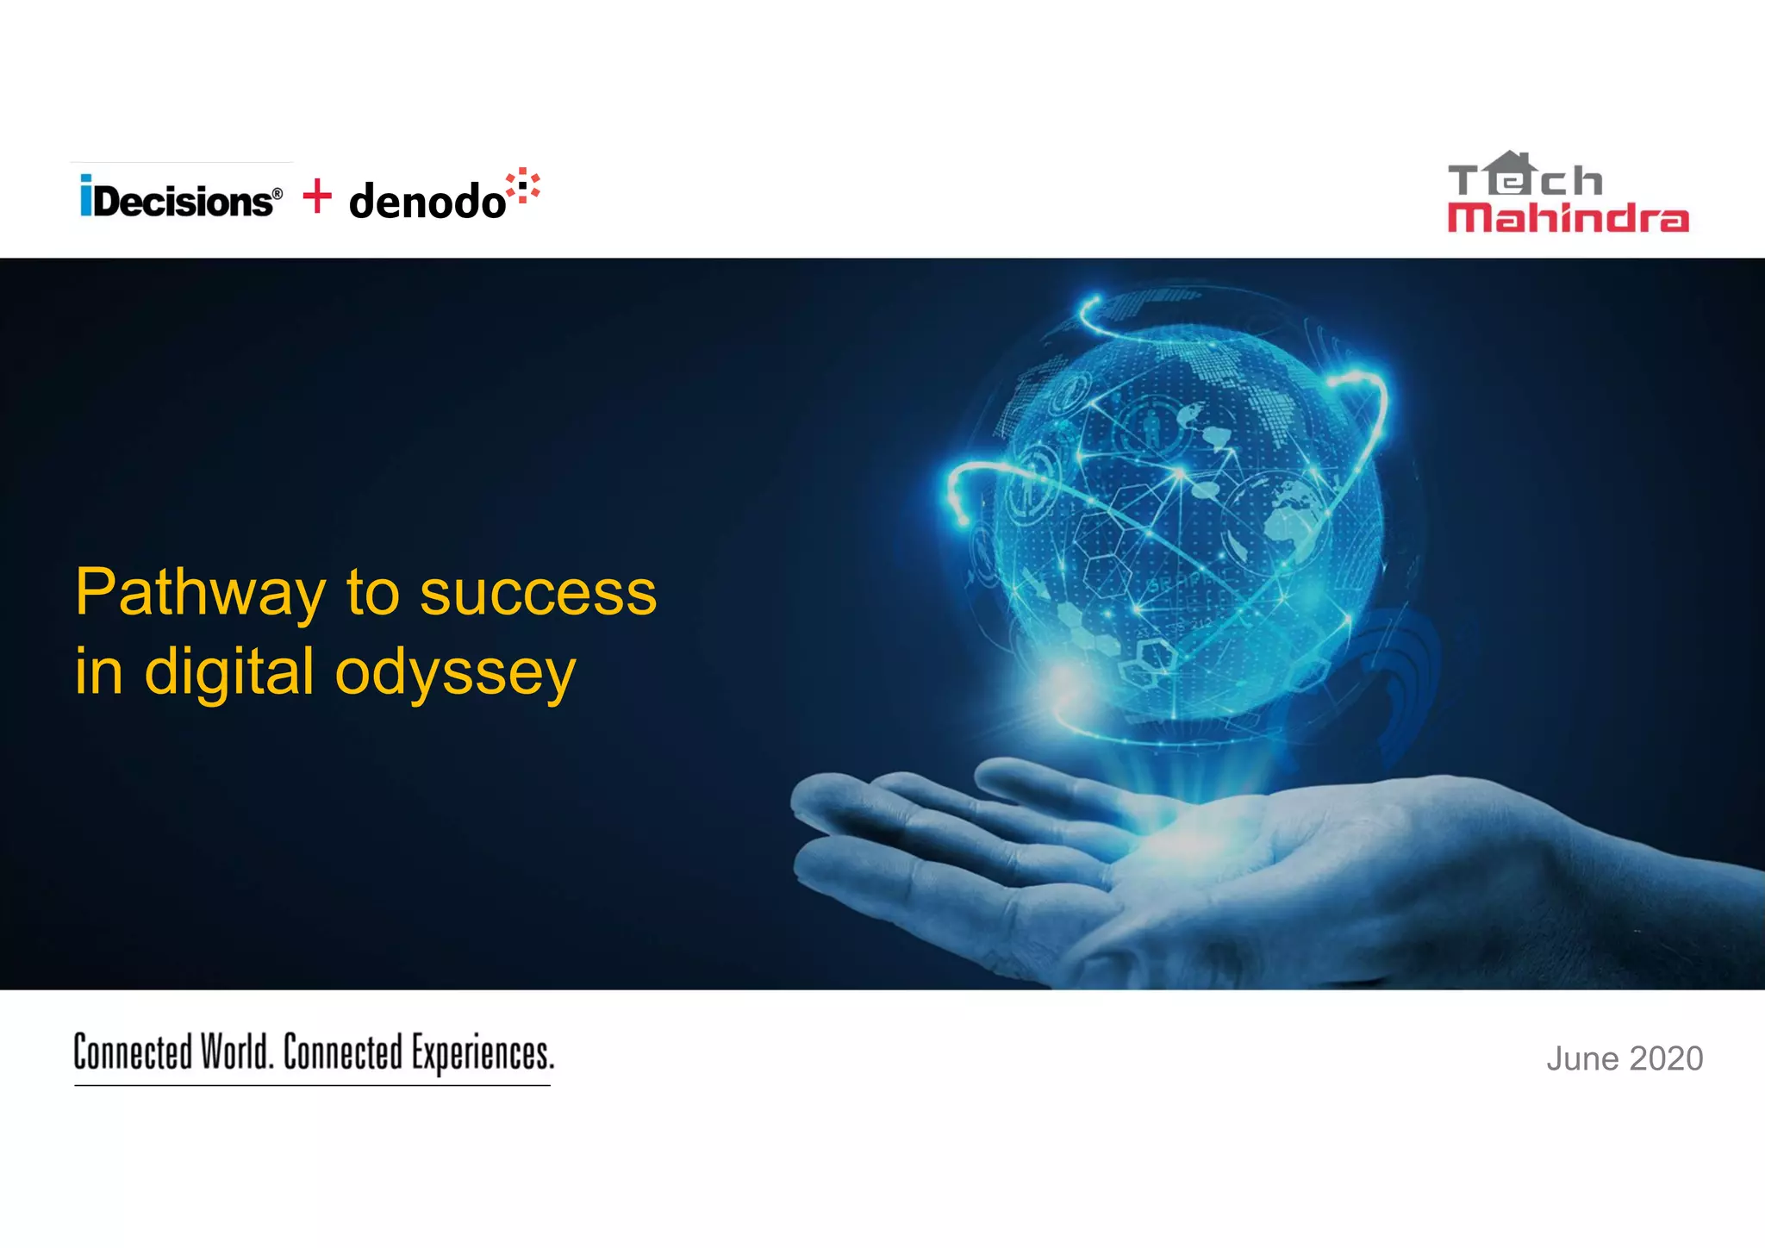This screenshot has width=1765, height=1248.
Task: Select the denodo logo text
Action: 427,202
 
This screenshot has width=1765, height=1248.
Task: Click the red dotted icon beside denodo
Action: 523,186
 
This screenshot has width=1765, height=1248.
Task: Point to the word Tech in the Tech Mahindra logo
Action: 1525,179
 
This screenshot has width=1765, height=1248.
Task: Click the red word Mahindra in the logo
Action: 1568,218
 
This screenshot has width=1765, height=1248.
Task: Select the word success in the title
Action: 538,593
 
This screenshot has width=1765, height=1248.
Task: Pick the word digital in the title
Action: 228,672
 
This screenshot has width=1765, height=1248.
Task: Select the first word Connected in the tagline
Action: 133,1052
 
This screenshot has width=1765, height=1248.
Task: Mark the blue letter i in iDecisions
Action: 86,197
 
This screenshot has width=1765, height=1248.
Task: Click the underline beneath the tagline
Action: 312,1085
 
